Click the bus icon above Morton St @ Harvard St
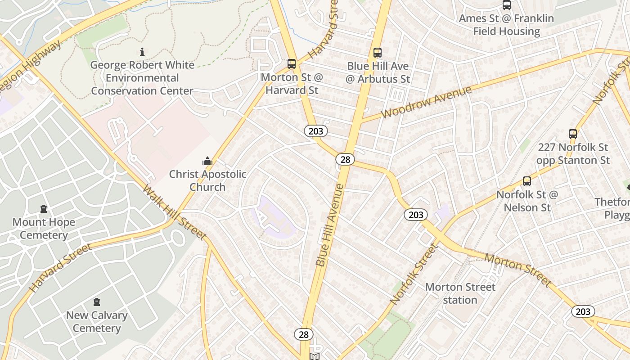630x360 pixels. point(292,64)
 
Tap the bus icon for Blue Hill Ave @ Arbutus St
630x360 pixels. point(378,53)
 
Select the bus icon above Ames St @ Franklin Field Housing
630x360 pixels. point(507,5)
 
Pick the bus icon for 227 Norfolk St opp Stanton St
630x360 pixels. point(573,134)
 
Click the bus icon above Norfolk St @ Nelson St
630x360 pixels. point(527,182)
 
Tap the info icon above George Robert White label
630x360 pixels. point(142,52)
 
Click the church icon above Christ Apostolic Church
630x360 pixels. point(207,161)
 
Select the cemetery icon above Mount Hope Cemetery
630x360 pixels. point(44,209)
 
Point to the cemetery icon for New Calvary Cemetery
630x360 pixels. point(97,302)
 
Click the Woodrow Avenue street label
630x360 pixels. point(426,102)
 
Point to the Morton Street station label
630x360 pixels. point(460,293)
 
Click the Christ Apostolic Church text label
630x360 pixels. point(207,180)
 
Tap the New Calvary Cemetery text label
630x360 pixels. point(97,322)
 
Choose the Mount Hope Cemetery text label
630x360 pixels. point(44,229)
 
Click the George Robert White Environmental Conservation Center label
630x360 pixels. point(142,78)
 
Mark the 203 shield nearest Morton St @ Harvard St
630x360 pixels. point(316,131)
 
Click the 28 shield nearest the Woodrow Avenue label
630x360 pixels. point(345,159)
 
